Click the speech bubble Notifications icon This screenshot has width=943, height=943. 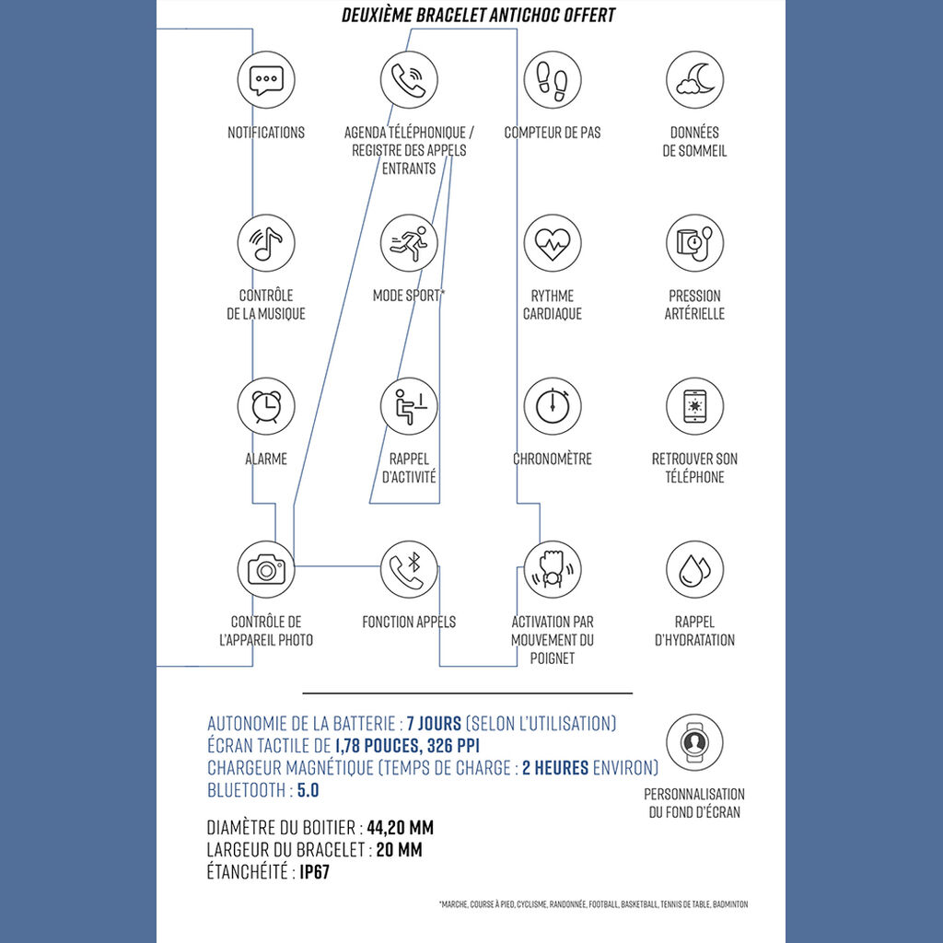tap(266, 80)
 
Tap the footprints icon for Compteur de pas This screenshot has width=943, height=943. tap(552, 80)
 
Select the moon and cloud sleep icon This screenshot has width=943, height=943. tap(694, 80)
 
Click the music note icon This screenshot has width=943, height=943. tap(266, 243)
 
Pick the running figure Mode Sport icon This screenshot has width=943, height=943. tap(409, 243)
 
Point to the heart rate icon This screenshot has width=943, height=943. tap(552, 243)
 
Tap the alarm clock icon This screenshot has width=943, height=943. tap(266, 406)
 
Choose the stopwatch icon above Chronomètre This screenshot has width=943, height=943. tap(552, 406)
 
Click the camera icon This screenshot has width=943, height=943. tap(266, 569)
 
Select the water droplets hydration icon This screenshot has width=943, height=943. tap(694, 569)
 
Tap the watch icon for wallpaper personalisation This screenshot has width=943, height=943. tap(694, 741)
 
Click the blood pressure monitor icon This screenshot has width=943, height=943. tap(694, 243)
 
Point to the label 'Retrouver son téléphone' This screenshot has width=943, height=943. tap(694, 468)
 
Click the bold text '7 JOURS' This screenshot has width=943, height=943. tap(434, 723)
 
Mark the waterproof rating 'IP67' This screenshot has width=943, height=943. tap(314, 871)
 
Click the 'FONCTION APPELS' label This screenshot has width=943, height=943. tap(409, 622)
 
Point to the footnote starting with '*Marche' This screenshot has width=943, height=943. tap(594, 904)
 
